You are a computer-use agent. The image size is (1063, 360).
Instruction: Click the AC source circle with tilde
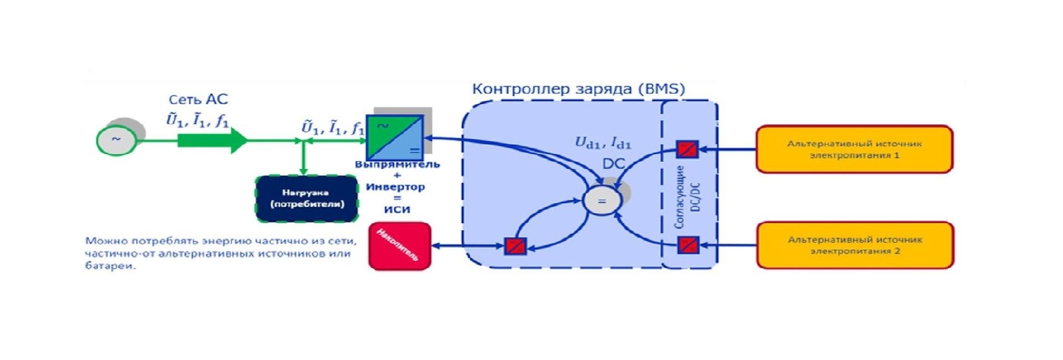pos(116,140)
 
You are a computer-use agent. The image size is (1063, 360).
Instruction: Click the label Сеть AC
pos(198,100)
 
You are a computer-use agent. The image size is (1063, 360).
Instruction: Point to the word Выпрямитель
pos(397,164)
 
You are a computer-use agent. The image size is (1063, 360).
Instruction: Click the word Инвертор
pos(395,187)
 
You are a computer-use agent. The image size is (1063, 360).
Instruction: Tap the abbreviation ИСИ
pos(397,210)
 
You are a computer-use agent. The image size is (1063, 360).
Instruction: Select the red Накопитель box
pos(400,246)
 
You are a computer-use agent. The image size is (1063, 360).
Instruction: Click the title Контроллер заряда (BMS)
pos(578,89)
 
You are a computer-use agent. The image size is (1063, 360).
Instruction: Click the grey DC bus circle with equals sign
pos(602,201)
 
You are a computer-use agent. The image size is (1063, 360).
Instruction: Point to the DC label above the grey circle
pos(613,164)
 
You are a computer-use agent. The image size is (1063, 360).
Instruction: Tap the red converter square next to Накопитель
pos(515,246)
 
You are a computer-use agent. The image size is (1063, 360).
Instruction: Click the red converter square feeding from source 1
pos(688,149)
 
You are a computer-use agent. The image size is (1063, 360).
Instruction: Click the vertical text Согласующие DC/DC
pos(687,197)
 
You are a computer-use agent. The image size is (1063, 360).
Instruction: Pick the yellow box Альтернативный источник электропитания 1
pos(854,149)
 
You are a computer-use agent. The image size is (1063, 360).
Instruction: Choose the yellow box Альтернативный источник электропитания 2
pos(855,245)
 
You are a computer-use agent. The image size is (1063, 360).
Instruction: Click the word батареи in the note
pos(110,266)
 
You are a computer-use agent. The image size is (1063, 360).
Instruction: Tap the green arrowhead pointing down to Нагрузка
pos(303,171)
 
